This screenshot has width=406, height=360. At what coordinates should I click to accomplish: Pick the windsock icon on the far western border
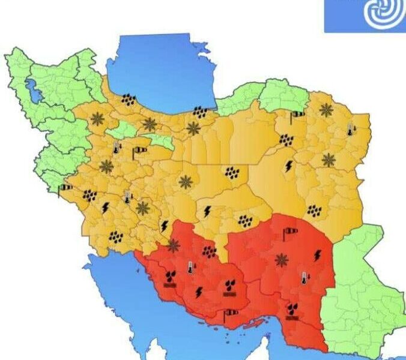[65, 188]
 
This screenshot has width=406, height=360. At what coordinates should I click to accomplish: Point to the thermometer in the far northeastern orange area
[350, 129]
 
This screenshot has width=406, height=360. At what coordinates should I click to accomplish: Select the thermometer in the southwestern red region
[190, 267]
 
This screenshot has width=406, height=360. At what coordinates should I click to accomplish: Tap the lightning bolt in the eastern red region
[318, 255]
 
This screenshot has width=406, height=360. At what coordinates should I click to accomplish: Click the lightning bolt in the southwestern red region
[198, 292]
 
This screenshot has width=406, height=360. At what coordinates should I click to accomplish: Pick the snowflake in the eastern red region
[280, 260]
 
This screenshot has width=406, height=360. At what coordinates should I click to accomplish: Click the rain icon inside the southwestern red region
[209, 251]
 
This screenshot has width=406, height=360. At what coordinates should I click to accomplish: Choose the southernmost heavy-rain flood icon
[292, 310]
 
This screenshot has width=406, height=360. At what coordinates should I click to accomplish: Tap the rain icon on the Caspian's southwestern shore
[128, 100]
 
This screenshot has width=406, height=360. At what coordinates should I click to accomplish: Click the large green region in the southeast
[360, 288]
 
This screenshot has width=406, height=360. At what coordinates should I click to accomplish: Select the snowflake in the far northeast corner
[326, 110]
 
